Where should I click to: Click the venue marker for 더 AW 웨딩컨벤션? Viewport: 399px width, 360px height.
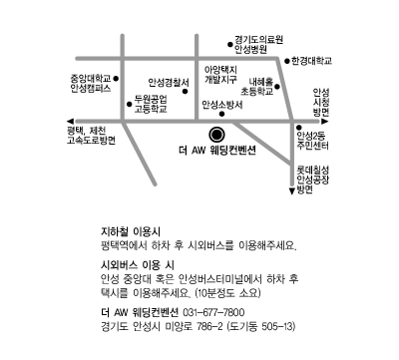216,135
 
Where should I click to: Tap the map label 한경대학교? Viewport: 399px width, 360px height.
311,61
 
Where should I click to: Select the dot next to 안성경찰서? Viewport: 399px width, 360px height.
186,92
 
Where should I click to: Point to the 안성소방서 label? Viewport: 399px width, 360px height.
222,105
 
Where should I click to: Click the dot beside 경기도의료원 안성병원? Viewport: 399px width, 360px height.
229,44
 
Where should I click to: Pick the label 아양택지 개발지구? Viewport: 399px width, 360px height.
220,75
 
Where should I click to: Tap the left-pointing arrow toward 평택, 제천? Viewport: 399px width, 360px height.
70,122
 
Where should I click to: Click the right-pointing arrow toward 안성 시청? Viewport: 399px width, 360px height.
325,122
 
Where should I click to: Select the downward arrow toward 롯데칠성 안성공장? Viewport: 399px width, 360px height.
292,191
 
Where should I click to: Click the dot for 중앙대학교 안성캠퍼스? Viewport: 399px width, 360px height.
116,79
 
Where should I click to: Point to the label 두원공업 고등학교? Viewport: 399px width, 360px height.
151,104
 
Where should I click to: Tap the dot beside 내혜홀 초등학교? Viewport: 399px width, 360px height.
277,87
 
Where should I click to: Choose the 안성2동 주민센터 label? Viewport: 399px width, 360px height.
312,141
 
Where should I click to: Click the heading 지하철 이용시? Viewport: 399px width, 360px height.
131,231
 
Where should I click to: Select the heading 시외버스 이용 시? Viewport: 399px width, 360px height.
138,265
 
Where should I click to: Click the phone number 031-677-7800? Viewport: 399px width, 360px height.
213,312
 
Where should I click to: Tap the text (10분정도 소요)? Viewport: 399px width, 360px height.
228,293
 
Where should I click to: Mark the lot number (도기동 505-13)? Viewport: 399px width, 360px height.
261,326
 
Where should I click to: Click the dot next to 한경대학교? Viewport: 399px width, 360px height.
287,61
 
